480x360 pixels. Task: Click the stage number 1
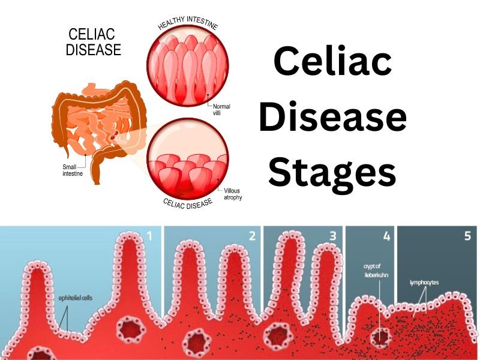coord(149,236)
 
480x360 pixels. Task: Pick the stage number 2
coord(252,236)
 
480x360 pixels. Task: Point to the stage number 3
coord(332,236)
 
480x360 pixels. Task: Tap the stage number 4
coord(386,236)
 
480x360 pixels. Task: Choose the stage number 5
coord(467,236)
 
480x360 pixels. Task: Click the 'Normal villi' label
coord(221,110)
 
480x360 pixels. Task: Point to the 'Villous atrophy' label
coord(232,194)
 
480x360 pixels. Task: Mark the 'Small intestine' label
coord(73,170)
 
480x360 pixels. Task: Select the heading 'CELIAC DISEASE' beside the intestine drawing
coord(93,42)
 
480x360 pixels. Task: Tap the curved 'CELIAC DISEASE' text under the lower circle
coord(188,203)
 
